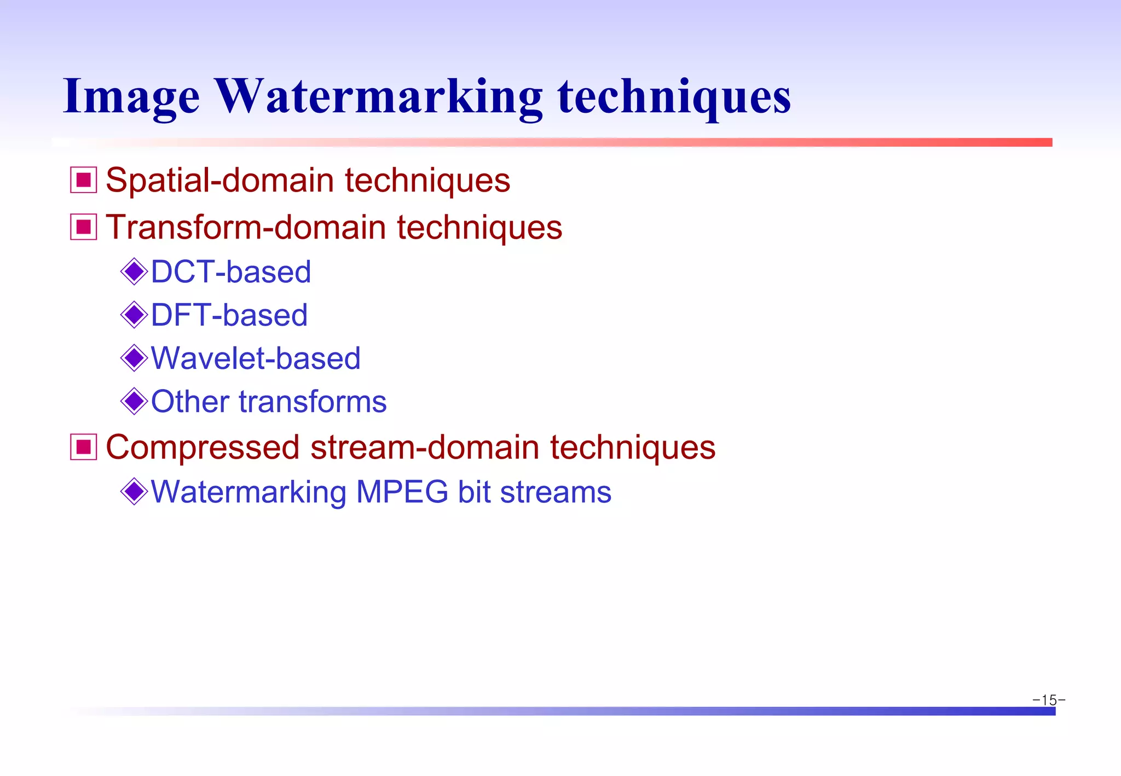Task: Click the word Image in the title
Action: coord(131,97)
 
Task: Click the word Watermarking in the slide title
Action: coord(378,97)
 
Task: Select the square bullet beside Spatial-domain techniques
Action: coord(83,180)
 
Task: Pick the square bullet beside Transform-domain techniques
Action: coord(83,227)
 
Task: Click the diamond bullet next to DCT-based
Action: coord(134,271)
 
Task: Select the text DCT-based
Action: coord(230,272)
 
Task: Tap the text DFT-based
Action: coord(229,315)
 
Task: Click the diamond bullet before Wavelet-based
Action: coord(134,358)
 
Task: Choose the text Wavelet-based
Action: coord(256,358)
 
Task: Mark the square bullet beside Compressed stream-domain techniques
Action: coord(83,447)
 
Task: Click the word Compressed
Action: coord(203,448)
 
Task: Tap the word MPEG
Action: coord(402,492)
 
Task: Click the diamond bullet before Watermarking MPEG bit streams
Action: coord(134,491)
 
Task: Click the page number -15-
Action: coord(1048,700)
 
